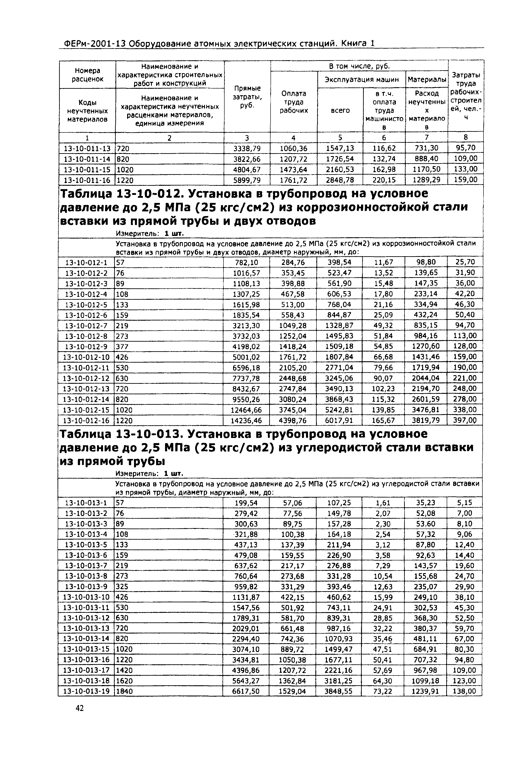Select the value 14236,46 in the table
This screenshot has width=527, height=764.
point(246,421)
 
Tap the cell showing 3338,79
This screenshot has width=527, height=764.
point(247,148)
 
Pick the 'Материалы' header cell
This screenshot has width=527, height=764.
point(427,80)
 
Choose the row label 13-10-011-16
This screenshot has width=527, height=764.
point(87,180)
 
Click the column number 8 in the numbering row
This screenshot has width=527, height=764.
point(466,137)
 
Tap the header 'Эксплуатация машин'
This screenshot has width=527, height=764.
point(362,80)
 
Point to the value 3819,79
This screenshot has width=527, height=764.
point(426,421)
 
